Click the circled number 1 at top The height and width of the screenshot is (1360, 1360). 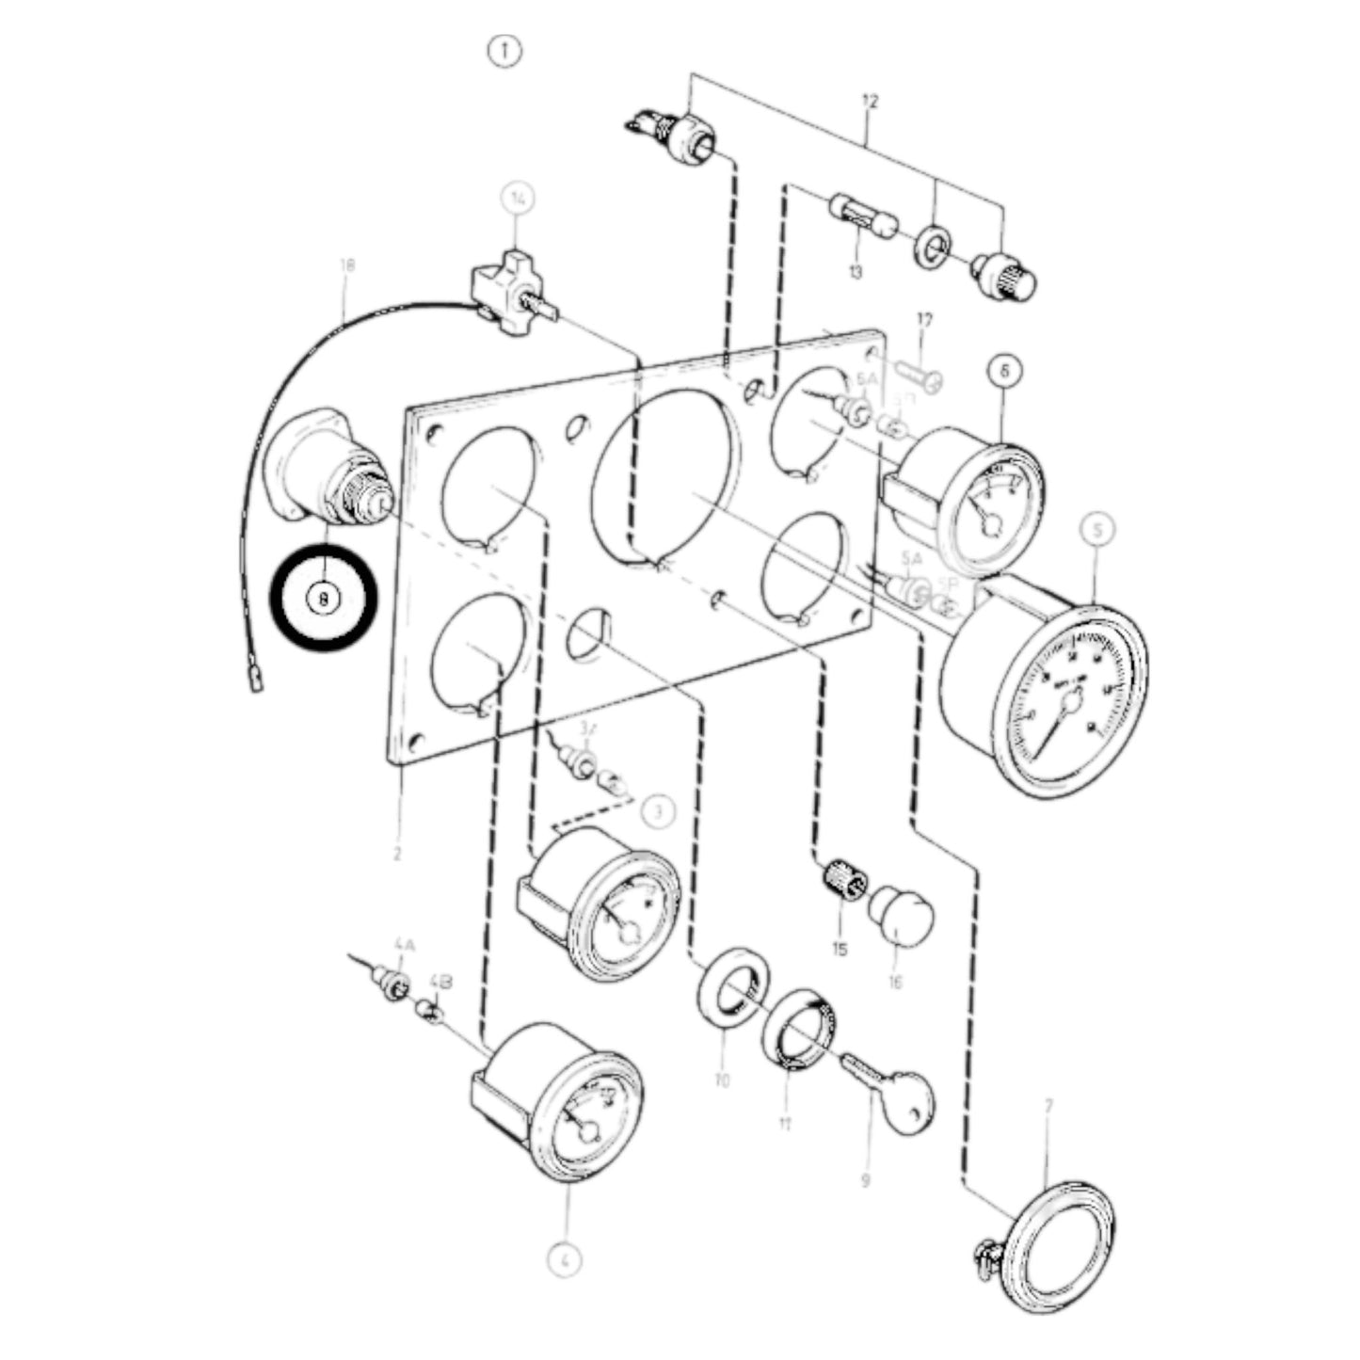(504, 50)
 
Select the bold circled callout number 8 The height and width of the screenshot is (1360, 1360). (324, 598)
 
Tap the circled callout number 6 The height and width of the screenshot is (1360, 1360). (1005, 371)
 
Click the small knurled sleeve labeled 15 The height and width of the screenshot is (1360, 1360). (844, 880)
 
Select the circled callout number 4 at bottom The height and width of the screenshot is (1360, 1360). (562, 1259)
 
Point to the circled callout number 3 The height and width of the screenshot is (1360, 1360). (659, 810)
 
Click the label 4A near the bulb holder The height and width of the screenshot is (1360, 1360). (404, 943)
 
